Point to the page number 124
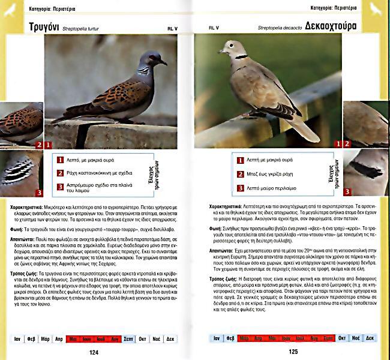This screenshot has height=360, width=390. [x=93, y=352]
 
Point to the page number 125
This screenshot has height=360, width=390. [x=293, y=352]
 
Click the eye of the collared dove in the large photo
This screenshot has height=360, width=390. [x=230, y=46]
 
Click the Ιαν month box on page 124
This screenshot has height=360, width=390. [x=19, y=339]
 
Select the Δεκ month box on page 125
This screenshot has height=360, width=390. [x=373, y=338]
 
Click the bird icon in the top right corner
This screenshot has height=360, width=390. [x=377, y=8]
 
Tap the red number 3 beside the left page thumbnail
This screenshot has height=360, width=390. [x=39, y=193]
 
